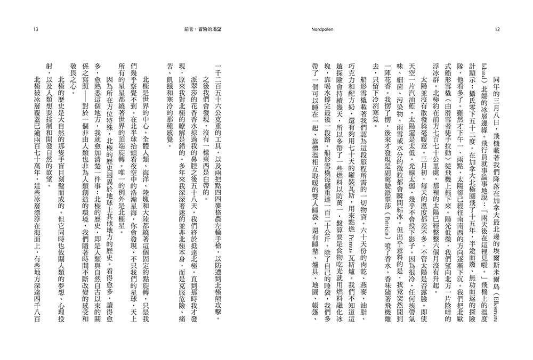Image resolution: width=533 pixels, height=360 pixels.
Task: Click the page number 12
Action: (x=497, y=29)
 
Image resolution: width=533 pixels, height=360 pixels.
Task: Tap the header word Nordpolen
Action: (x=320, y=29)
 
